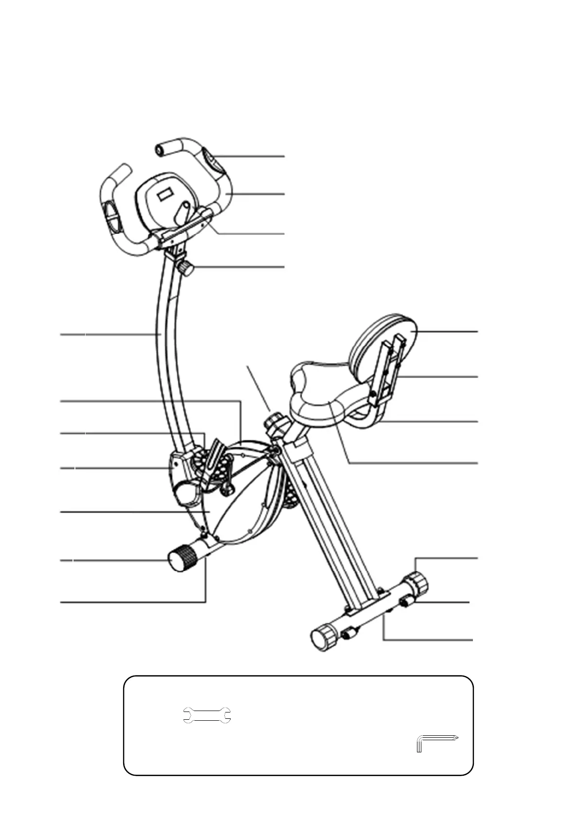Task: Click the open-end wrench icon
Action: pyautogui.click(x=207, y=715)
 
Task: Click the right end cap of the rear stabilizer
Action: pyautogui.click(x=416, y=583)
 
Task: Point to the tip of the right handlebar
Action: pyautogui.click(x=161, y=149)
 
